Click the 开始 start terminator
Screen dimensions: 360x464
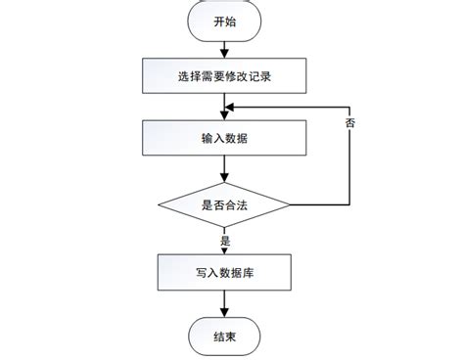(x=224, y=21)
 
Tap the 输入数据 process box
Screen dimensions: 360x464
(x=224, y=138)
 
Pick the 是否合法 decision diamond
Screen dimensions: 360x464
(x=224, y=204)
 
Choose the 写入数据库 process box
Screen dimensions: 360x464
(x=224, y=271)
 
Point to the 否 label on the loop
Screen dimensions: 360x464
(x=350, y=124)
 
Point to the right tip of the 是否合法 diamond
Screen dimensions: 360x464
(x=290, y=204)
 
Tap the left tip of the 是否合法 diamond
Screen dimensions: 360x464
(x=159, y=204)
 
